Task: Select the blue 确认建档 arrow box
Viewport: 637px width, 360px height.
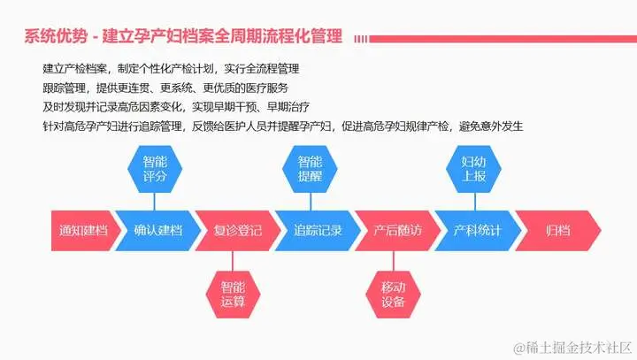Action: tap(157, 232)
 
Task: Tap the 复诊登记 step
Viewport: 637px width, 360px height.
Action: tap(238, 232)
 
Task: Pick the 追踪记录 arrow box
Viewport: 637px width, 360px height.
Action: tap(317, 232)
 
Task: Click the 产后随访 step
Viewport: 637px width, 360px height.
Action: tap(397, 232)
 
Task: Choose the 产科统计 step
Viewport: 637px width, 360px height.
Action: tap(477, 232)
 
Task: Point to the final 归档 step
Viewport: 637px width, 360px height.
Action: tap(557, 232)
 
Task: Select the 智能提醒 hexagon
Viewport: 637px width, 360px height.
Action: tap(310, 169)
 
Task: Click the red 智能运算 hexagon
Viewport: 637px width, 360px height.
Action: tap(233, 295)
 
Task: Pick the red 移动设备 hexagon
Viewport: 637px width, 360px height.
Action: tap(393, 295)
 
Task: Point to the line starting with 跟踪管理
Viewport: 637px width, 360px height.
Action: tap(165, 88)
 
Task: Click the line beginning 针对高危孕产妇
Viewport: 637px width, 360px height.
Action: tap(283, 126)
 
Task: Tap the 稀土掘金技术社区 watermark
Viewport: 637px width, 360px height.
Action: tap(567, 343)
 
